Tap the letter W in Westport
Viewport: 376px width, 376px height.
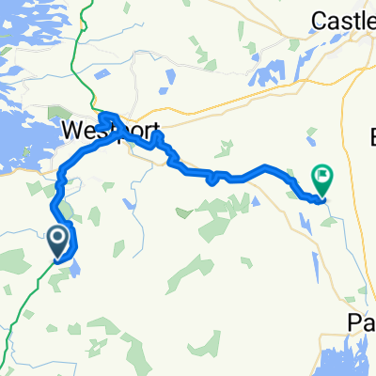[71, 130]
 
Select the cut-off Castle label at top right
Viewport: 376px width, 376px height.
[344, 17]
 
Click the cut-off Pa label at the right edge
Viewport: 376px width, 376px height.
[361, 322]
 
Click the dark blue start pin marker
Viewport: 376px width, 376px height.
[57, 241]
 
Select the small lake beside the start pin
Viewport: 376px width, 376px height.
[75, 268]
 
